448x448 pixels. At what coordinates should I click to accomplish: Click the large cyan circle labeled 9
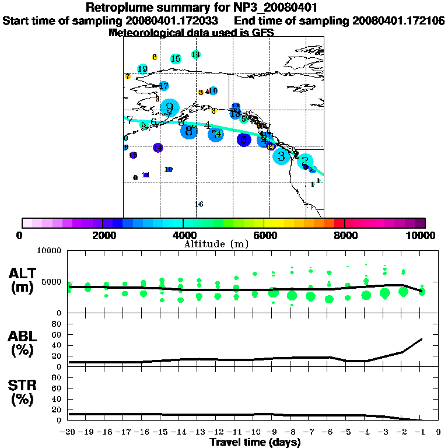169,108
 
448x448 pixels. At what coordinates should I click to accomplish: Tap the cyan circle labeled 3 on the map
281,156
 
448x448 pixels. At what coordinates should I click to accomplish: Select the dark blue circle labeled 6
244,139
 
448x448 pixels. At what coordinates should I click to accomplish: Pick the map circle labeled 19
142,69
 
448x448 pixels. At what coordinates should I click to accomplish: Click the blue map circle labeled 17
164,86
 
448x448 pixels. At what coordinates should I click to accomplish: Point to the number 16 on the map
198,204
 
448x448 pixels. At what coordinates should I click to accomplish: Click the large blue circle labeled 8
188,131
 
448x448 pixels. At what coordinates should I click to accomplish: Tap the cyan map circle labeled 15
176,59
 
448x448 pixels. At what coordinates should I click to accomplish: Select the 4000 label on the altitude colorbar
183,235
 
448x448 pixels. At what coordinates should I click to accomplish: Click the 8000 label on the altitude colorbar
345,235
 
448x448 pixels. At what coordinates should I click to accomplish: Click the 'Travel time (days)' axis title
255,443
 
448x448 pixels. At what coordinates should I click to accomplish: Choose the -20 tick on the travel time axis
68,433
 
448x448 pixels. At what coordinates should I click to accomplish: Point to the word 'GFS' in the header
264,33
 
